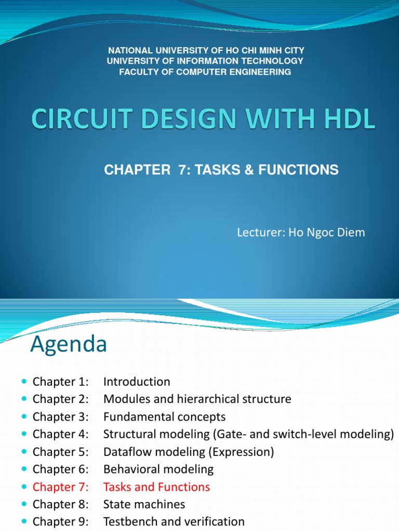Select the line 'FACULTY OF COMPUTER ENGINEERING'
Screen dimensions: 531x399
point(205,72)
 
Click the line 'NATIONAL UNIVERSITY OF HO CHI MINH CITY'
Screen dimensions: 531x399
point(206,50)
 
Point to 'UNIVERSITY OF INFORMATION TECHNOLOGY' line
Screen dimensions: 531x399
point(205,61)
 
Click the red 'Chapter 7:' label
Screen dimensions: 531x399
point(61,487)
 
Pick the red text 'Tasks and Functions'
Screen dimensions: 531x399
point(157,487)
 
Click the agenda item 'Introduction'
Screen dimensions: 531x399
point(137,382)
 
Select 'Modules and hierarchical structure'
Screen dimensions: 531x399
point(197,399)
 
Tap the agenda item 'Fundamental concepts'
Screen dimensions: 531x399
point(165,417)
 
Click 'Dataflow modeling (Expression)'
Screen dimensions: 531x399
point(189,452)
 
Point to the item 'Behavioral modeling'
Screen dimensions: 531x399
point(158,469)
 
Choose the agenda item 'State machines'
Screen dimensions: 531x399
point(144,504)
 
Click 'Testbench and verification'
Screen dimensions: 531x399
point(174,522)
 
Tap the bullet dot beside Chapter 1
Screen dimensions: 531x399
point(25,382)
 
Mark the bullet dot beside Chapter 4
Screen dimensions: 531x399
point(25,435)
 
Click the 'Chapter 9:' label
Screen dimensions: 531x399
point(61,522)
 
